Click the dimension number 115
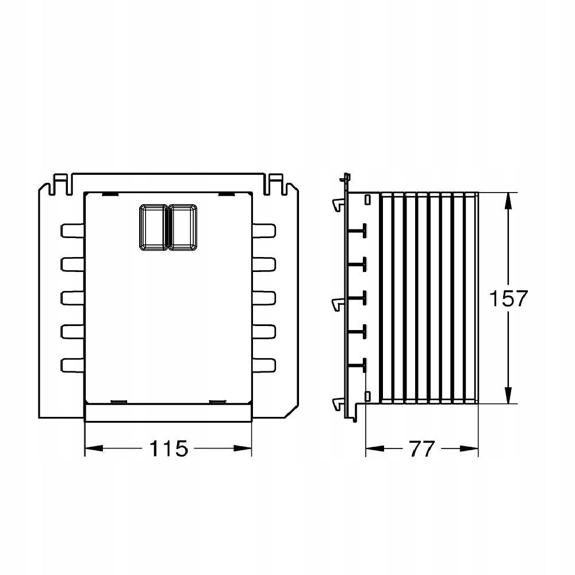[x=168, y=448]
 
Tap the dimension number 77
[x=422, y=448]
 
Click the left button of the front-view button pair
[x=154, y=227]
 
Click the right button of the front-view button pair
[x=183, y=227]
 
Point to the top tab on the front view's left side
[x=72, y=231]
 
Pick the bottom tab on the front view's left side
[x=72, y=366]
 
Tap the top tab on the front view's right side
[x=264, y=231]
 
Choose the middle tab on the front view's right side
[x=264, y=298]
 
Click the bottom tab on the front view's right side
[x=264, y=366]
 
